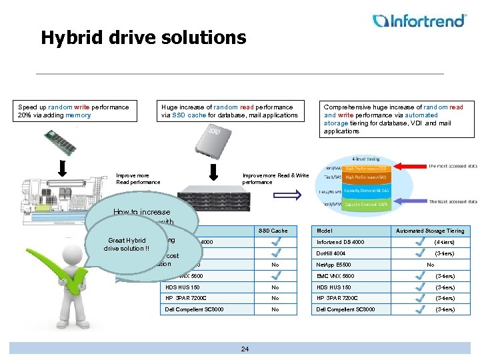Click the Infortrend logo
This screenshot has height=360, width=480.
(x=419, y=21)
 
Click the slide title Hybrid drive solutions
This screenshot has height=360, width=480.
(x=143, y=37)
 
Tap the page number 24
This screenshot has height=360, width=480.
(x=245, y=349)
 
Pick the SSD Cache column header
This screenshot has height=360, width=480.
(x=274, y=231)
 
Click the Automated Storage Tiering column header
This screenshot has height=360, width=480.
(x=429, y=231)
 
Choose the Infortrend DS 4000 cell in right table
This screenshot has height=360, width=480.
(x=341, y=242)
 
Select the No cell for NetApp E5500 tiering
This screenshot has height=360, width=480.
(x=430, y=265)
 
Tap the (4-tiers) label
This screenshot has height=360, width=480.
(x=445, y=242)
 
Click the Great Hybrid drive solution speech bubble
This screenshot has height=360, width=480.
(x=127, y=244)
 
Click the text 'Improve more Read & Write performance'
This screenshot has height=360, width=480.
(x=275, y=179)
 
